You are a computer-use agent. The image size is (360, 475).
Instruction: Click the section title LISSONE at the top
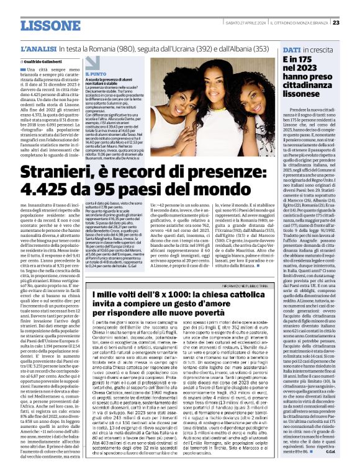[49, 25]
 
